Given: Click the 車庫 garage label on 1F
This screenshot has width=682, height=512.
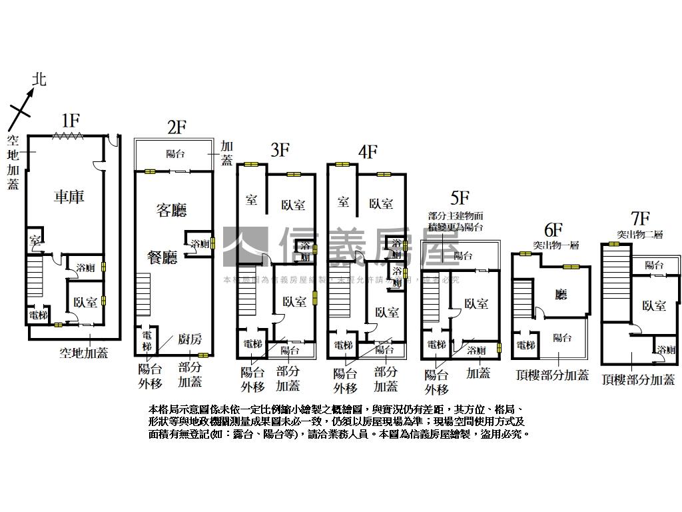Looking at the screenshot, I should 69,197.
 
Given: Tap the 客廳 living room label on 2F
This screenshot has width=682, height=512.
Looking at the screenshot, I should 171,210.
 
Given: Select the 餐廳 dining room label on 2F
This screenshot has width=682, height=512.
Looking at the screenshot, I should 162,257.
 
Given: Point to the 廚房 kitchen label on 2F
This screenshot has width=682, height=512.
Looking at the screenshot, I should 190,339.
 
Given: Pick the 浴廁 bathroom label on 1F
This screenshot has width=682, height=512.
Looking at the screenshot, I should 85,267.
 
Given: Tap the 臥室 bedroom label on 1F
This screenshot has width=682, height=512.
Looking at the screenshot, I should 85,302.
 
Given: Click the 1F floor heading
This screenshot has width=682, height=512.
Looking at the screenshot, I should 71,121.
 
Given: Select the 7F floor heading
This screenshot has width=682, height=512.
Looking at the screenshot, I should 639,218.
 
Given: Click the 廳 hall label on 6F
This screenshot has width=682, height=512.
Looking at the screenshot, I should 560,294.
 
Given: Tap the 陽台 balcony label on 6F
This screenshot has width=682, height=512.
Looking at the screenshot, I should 563,338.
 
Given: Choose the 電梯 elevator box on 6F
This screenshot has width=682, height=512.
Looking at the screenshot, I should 526,345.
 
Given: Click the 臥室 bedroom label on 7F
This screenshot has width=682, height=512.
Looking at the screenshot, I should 653,305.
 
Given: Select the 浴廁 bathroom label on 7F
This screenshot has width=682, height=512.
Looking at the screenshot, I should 665,350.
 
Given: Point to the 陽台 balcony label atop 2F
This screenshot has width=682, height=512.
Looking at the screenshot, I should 175,154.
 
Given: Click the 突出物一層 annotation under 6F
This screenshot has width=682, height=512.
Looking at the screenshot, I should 555,245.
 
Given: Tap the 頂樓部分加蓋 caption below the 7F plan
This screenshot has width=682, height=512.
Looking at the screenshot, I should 637,380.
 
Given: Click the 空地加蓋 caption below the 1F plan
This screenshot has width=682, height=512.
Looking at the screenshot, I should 83,353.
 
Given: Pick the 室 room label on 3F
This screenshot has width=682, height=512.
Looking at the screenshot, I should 252,199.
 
